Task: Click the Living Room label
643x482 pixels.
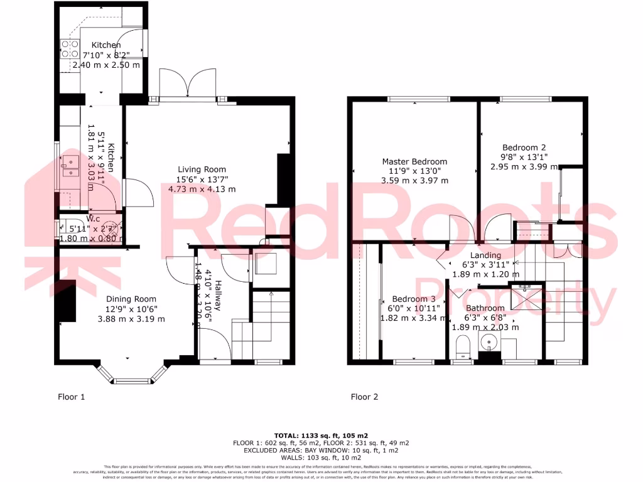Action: coord(202,169)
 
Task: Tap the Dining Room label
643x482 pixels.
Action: coord(131,299)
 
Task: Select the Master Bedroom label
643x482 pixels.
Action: coord(415,161)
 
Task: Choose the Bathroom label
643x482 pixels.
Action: coord(485,308)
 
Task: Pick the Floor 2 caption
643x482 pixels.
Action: coord(364,397)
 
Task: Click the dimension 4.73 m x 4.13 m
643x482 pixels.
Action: coord(202,189)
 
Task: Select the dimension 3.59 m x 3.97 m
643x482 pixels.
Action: coord(415,181)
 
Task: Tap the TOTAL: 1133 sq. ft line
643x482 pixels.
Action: coord(321,436)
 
